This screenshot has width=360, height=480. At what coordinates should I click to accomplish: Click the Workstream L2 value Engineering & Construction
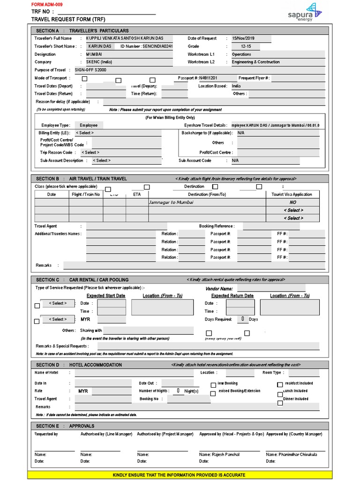256,62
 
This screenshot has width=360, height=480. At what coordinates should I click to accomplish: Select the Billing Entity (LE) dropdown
119,133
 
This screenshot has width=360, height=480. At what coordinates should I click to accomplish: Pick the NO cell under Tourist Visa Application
293,202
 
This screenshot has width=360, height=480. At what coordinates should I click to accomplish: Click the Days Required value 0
242,319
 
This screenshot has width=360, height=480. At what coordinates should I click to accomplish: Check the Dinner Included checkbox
280,403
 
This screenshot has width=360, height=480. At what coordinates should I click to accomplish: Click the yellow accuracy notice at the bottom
180,475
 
